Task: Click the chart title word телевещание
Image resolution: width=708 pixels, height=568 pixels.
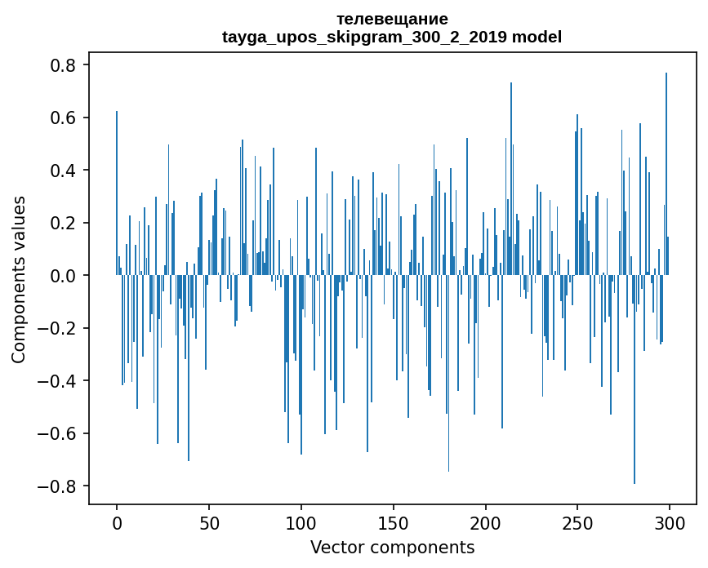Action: [392, 19]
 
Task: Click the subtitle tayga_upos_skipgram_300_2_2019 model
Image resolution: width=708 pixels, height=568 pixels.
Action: [392, 37]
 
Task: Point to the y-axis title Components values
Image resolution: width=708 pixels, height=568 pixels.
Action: [18, 279]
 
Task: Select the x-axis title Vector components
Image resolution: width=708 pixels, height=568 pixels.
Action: [392, 547]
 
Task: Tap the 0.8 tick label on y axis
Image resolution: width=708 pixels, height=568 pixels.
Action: [65, 65]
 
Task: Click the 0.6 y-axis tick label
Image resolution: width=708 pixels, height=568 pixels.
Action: [65, 118]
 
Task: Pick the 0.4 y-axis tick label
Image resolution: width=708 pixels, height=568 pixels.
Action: [65, 171]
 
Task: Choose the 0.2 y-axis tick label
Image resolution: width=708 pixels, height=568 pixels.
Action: [65, 223]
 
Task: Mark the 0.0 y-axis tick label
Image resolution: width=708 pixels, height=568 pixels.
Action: [65, 276]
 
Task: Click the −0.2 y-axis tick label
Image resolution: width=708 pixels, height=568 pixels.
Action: [60, 328]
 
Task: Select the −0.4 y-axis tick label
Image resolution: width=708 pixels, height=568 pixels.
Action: [60, 381]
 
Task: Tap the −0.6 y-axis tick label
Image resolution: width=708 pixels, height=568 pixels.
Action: [60, 433]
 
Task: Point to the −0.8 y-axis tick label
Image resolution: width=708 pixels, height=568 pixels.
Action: [60, 486]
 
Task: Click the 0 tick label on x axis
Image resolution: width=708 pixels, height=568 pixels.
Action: [117, 522]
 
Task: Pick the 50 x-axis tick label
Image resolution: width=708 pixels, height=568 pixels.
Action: [209, 522]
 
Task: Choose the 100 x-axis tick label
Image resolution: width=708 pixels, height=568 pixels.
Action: [301, 522]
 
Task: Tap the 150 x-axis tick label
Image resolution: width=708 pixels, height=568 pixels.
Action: [394, 522]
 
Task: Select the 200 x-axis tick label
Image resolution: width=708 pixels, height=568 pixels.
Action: [486, 522]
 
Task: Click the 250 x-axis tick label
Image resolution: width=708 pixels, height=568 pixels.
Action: [577, 522]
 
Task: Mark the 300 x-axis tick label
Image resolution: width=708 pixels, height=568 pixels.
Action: [670, 522]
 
